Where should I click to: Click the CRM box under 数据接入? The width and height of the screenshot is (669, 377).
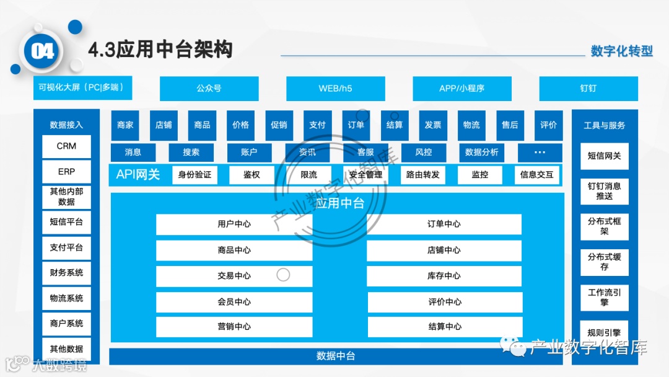66,146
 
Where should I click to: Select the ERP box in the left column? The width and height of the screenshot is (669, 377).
66,172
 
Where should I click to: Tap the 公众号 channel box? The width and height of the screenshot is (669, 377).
209,89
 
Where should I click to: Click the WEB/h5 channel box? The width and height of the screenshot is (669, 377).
335,89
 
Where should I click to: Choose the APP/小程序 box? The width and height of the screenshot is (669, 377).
461,89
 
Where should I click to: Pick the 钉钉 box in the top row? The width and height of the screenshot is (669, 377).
588,89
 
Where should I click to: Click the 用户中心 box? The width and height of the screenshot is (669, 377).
234,224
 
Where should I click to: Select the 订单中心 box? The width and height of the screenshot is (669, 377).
444,224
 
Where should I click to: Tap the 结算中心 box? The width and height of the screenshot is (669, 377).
444,327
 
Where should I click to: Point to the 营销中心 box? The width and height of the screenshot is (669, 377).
234,327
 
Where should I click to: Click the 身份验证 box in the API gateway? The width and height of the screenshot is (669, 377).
195,175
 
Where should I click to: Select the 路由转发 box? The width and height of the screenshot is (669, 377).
422,175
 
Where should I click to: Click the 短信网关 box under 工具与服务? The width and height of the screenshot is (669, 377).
604,156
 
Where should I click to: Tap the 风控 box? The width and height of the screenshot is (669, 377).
424,153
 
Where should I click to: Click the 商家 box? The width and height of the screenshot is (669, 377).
125,125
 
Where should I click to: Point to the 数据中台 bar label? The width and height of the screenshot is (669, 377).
336,356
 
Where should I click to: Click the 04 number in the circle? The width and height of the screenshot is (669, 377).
43,51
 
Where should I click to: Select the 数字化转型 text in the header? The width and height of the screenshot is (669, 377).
621,51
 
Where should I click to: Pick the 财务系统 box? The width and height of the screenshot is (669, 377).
66,273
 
